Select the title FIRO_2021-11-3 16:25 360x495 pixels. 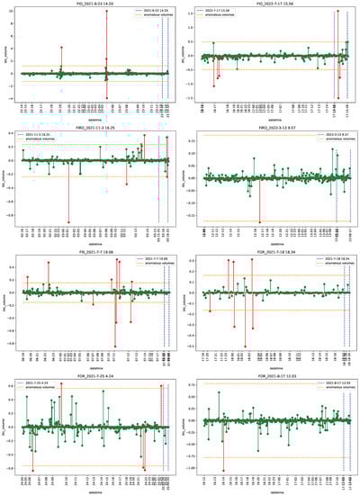[90, 129]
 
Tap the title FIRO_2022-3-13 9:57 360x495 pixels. [269, 129]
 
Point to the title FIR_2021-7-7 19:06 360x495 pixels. [90, 252]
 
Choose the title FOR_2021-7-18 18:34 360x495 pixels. [269, 252]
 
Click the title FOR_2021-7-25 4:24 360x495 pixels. [90, 375]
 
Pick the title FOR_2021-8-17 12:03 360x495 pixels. [269, 375]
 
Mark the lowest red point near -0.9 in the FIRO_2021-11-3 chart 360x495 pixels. [68, 222]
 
